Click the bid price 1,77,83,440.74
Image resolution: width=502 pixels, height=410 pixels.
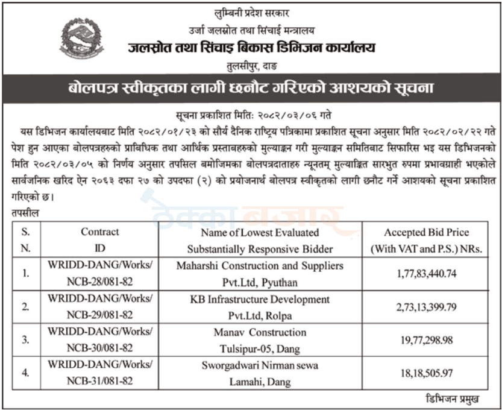427,273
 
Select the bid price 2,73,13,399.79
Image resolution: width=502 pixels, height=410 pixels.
427,307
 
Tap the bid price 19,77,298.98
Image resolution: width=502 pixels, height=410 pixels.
427,340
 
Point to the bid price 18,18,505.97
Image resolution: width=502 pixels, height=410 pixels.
427,373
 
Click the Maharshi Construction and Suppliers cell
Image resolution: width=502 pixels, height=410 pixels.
260,273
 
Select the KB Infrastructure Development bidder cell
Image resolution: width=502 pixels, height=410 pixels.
260,307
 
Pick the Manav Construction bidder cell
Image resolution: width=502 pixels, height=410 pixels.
260,340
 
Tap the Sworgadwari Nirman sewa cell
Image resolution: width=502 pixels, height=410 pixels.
260,373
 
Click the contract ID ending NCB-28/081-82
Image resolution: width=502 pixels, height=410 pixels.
99,273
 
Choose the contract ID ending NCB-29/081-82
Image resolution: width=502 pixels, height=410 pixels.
99,307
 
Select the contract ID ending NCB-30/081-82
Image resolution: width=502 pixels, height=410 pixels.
99,340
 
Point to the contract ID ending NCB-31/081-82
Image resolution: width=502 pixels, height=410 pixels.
99,373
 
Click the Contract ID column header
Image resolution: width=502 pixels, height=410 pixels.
99,239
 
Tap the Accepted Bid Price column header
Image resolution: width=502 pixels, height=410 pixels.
427,239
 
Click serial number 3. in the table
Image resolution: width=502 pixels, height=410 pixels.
26,340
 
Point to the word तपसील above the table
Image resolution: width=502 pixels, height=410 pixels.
25,213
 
